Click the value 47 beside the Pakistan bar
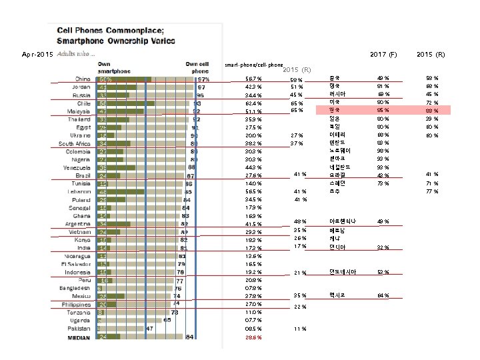pos(151,329)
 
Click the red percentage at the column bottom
pos(254,337)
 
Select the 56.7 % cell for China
pos(254,79)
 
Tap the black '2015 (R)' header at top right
pos(430,53)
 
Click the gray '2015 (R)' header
pos(297,69)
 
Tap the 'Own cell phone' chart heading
pos(197,65)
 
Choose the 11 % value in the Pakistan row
pos(299,329)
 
